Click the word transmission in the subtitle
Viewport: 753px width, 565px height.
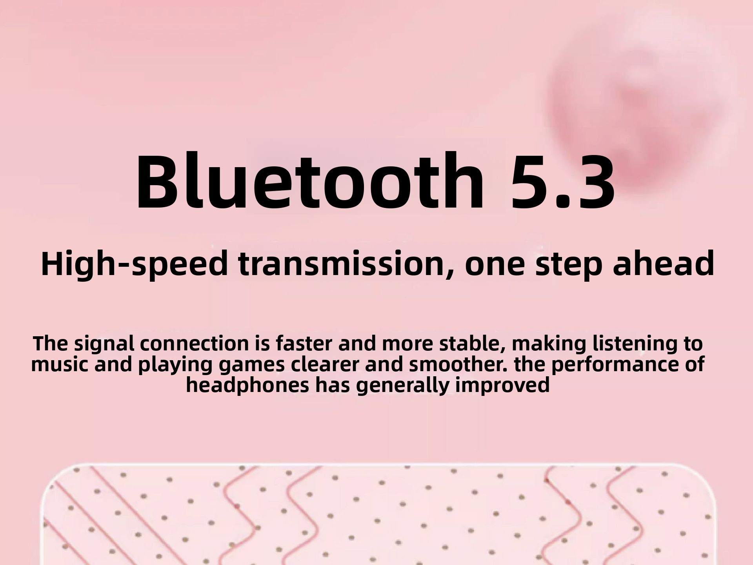[x=344, y=264]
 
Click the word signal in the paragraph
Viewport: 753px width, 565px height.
[x=105, y=344]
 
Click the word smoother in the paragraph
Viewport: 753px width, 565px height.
[x=458, y=365]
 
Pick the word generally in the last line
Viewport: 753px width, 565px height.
[x=402, y=386]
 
